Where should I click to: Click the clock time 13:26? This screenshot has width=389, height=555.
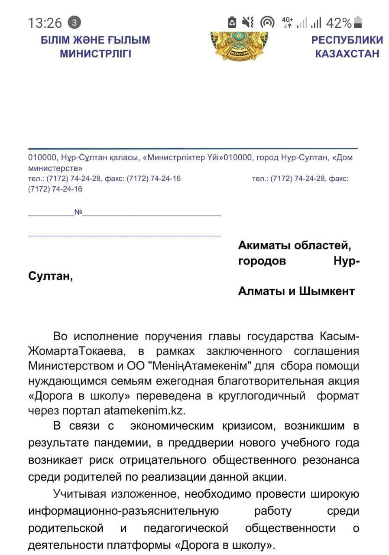(x=45, y=23)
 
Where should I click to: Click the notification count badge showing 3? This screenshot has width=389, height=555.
(x=75, y=22)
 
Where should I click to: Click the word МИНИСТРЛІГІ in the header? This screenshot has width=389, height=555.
(x=95, y=54)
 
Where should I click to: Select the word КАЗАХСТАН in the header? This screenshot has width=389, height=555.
(x=347, y=54)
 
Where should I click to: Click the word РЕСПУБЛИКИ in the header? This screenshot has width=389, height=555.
(x=347, y=40)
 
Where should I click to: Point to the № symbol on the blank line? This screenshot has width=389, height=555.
(x=78, y=212)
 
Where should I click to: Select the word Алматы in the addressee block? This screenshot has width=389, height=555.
(x=260, y=291)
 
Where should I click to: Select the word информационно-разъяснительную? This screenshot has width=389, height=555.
(x=123, y=511)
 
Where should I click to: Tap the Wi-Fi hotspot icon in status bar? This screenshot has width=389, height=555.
(x=267, y=23)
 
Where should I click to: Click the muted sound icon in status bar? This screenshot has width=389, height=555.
(x=248, y=23)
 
